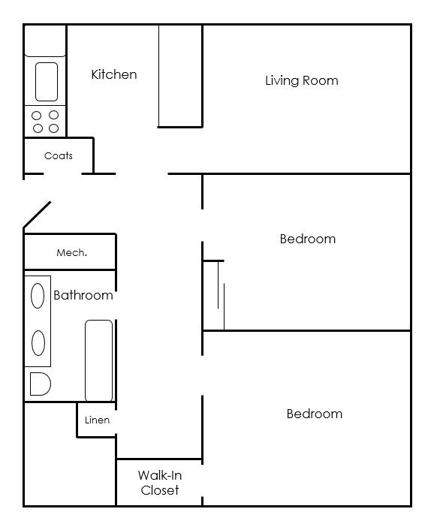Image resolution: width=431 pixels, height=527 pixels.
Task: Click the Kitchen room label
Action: pyautogui.click(x=114, y=74)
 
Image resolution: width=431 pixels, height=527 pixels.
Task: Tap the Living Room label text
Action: pyautogui.click(x=301, y=80)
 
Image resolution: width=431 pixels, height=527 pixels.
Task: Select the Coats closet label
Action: pyautogui.click(x=59, y=156)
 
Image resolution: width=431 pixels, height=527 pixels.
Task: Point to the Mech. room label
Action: pyautogui.click(x=71, y=253)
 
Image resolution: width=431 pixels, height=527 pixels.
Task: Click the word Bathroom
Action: pyautogui.click(x=83, y=295)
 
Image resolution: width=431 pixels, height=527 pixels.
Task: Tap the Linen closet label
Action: pyautogui.click(x=97, y=420)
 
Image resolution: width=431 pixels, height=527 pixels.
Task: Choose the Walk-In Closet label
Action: pyautogui.click(x=160, y=483)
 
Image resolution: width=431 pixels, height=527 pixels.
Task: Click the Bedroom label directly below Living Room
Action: pyautogui.click(x=307, y=239)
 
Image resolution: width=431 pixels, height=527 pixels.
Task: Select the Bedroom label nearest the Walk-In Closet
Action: pyautogui.click(x=314, y=414)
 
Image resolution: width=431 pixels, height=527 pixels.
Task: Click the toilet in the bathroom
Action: pyautogui.click(x=39, y=384)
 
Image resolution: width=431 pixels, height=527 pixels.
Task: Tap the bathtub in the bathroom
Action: pyautogui.click(x=98, y=360)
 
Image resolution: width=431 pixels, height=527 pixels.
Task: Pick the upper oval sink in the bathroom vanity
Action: pyautogui.click(x=38, y=296)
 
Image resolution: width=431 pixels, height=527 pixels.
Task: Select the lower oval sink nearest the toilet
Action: pyautogui.click(x=38, y=343)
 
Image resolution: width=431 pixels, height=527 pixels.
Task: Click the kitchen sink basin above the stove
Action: pyautogui.click(x=47, y=81)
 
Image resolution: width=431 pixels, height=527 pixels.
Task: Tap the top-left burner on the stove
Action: pyautogui.click(x=37, y=116)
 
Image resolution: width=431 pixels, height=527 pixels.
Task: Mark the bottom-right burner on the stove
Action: pyautogui.click(x=53, y=128)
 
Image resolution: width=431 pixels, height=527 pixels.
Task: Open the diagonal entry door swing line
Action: pyautogui.click(x=37, y=215)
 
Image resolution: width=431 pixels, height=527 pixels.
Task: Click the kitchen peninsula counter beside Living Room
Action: pyautogui.click(x=180, y=75)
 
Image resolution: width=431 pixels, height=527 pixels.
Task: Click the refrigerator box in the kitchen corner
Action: pyautogui.click(x=45, y=41)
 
